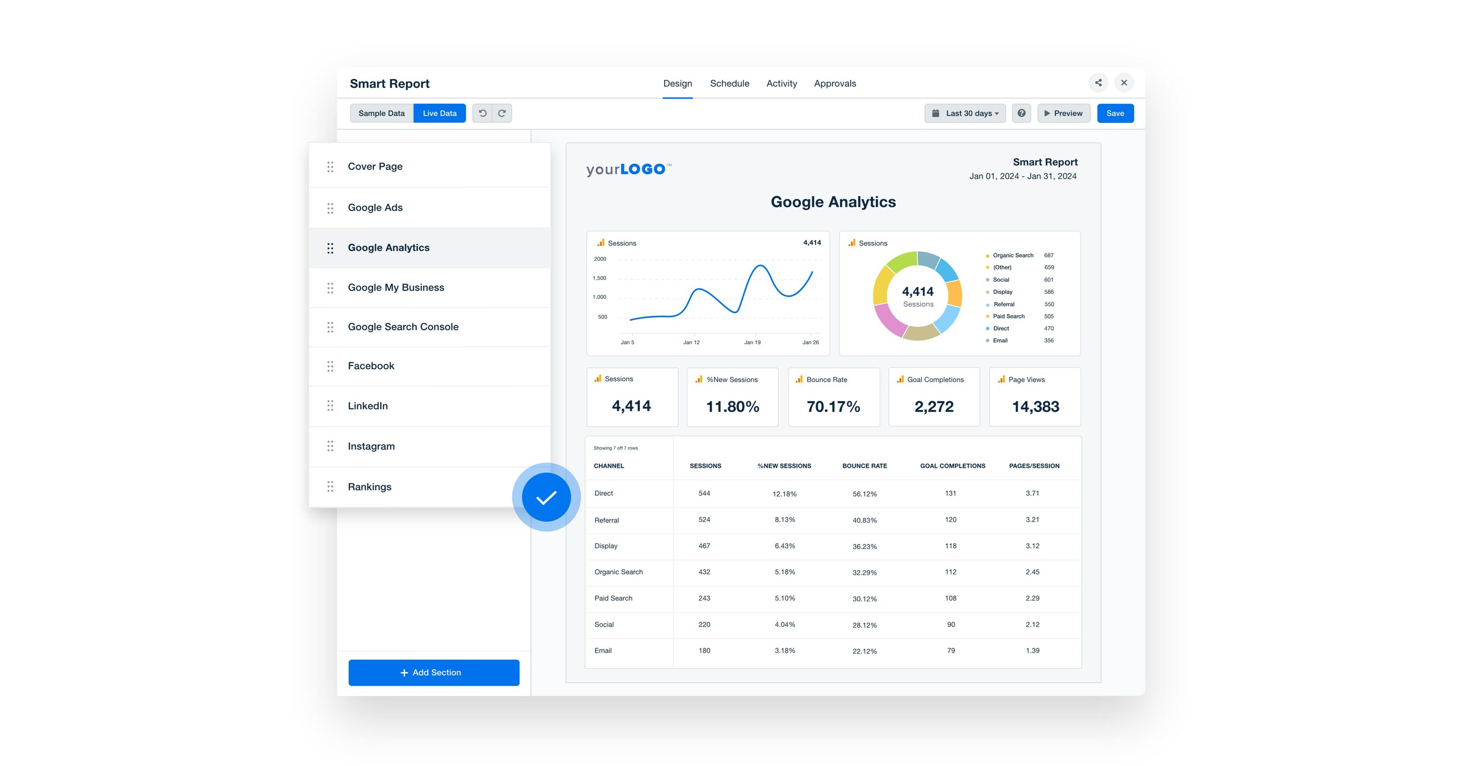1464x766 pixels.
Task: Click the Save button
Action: (x=1114, y=113)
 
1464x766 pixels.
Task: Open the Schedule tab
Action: (x=729, y=83)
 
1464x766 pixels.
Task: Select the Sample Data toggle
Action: (x=381, y=113)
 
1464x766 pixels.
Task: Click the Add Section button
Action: (x=434, y=672)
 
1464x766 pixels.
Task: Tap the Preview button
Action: (x=1063, y=113)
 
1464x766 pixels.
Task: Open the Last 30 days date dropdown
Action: (x=965, y=113)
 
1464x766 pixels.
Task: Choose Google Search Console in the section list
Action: (x=403, y=327)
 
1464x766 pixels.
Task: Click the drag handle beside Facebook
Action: (x=330, y=366)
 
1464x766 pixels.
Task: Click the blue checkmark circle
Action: (x=546, y=498)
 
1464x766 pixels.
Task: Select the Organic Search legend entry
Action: (x=1013, y=255)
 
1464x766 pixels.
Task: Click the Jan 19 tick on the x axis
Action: (x=752, y=342)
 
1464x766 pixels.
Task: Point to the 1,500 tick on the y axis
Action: (x=600, y=278)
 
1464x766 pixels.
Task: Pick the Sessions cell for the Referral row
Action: (x=704, y=519)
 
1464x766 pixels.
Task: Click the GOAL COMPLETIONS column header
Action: (x=953, y=466)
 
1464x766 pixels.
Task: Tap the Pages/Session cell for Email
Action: (x=1032, y=651)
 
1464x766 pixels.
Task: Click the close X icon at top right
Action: (x=1123, y=82)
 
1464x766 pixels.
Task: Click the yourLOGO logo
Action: (x=628, y=169)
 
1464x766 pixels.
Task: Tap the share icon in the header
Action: (x=1098, y=82)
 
